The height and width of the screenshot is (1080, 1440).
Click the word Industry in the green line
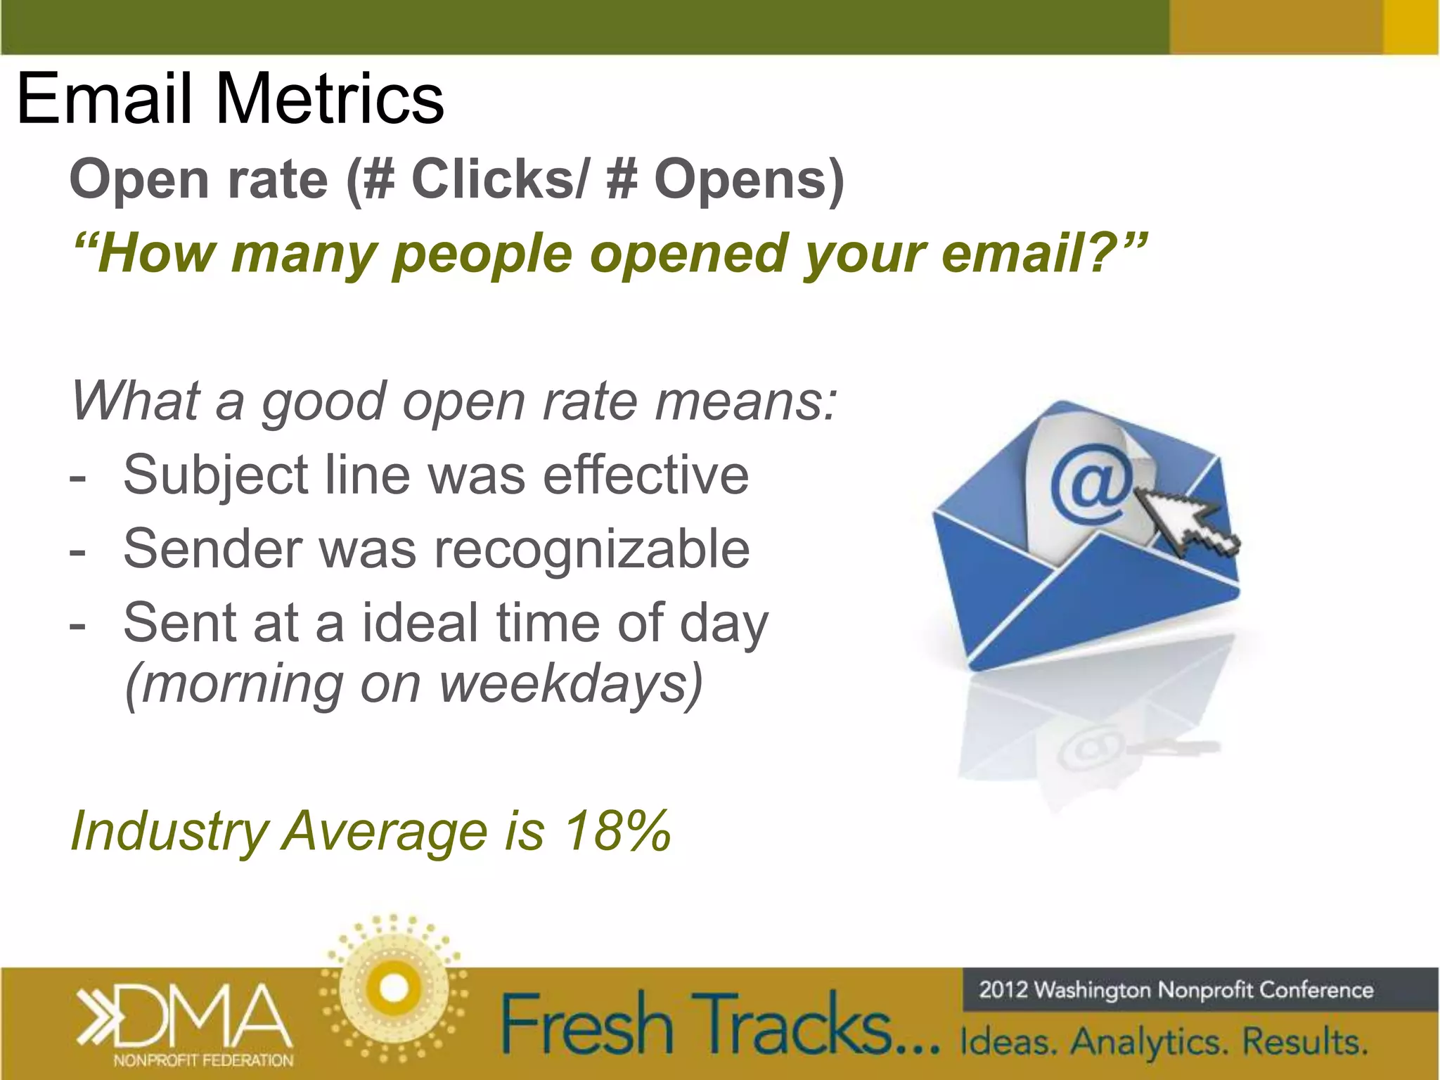169,832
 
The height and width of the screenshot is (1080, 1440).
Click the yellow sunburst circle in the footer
393,988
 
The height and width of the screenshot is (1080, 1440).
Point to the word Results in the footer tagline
1304,1042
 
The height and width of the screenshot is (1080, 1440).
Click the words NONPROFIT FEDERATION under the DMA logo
203,1060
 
